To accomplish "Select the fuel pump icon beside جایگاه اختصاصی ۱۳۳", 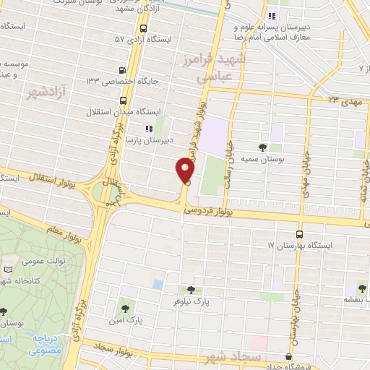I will click(119, 70).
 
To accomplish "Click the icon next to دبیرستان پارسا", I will click(148, 128).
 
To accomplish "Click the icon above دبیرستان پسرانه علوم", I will click(272, 16).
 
